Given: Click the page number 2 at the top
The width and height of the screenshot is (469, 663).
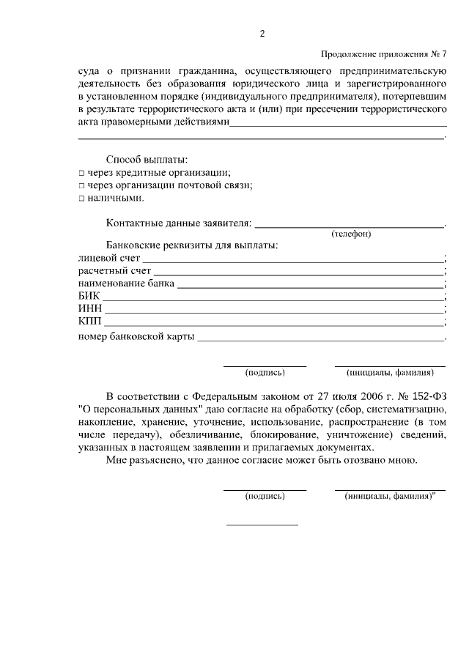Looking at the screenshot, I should (x=262, y=34).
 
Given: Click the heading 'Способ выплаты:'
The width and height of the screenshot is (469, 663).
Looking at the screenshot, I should (x=147, y=159).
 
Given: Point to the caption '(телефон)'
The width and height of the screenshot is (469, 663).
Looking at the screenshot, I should (x=351, y=234).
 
